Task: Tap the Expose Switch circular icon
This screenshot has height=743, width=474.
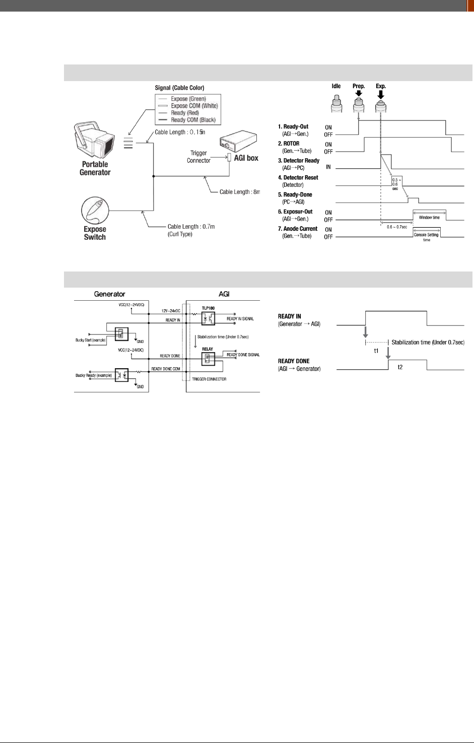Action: (95, 211)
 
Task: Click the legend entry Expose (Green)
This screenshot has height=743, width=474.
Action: (188, 99)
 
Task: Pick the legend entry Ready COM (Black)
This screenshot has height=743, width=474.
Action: (193, 120)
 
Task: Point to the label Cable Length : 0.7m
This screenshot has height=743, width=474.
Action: (191, 227)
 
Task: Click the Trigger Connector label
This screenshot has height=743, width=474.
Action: (198, 157)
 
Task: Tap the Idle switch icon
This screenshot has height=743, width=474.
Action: (336, 103)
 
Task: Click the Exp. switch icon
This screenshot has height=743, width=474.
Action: (381, 103)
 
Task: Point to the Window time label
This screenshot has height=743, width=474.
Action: (429, 218)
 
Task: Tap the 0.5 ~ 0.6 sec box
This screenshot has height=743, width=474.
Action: (395, 184)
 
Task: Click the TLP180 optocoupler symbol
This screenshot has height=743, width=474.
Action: (209, 318)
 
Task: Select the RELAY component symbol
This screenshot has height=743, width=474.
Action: (208, 358)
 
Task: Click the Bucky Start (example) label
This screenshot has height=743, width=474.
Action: (91, 340)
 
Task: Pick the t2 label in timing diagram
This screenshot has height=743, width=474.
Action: (400, 367)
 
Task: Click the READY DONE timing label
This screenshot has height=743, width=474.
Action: (294, 361)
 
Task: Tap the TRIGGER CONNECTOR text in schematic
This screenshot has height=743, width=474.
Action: (209, 379)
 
